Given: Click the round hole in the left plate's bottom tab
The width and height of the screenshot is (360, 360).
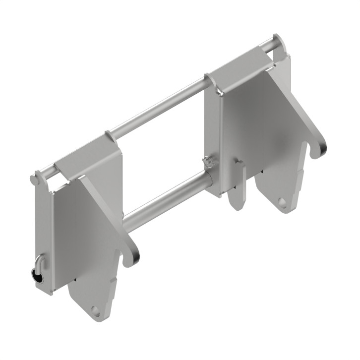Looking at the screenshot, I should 96,312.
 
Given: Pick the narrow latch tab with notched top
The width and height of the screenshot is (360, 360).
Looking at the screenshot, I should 237,183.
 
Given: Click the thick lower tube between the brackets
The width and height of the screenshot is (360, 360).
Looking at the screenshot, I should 164,200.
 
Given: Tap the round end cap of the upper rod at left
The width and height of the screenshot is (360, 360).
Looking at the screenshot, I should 35,178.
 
